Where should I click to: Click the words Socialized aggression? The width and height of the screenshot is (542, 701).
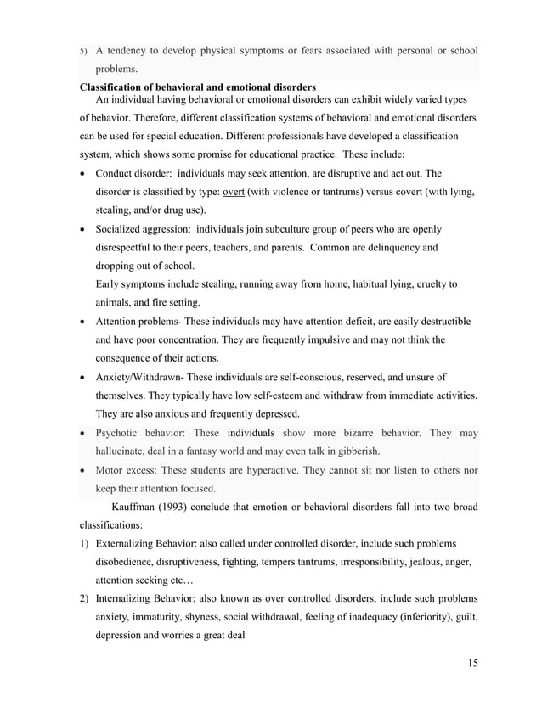pos(144,229)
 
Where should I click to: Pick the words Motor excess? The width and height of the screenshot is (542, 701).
pos(129,470)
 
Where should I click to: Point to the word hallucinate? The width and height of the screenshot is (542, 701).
pos(124,451)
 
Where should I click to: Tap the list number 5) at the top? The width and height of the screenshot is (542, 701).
pos(84,51)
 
